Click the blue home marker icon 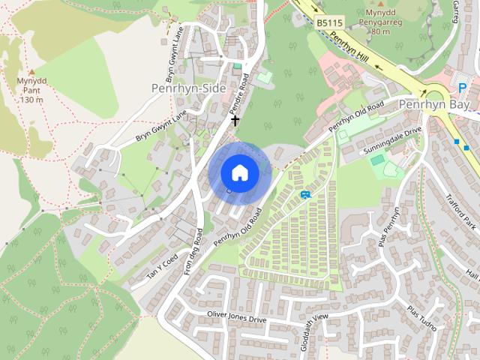[x=239, y=172]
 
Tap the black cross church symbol [x=235, y=120]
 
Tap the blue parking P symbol [x=463, y=88]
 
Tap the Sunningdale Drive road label [x=393, y=140]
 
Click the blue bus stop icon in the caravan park [x=305, y=194]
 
